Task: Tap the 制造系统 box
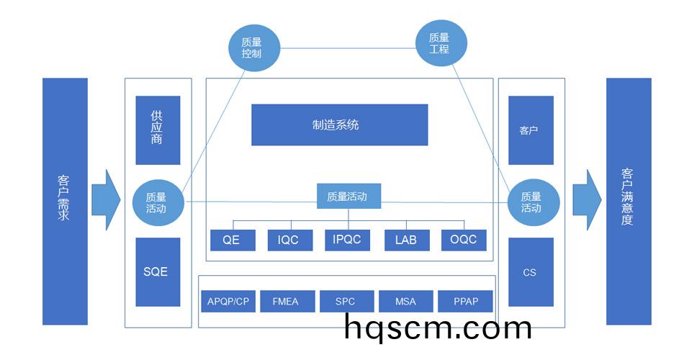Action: point(339,125)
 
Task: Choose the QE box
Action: point(233,240)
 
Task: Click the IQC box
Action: point(290,240)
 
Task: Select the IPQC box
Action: point(348,240)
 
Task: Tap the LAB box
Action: point(406,240)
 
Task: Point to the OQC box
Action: point(464,240)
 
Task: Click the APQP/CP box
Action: point(228,301)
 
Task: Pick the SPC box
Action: point(346,301)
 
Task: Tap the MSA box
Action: point(406,301)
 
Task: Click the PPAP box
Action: point(465,301)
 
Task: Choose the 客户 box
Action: point(531,130)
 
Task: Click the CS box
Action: point(531,272)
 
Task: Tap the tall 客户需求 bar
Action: point(65,201)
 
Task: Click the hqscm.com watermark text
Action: point(437,328)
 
